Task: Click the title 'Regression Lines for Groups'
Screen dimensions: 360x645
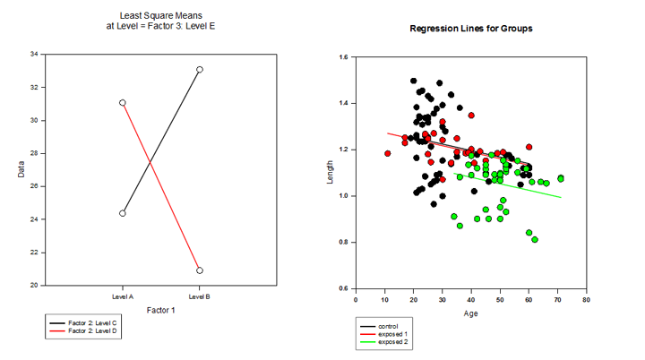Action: (470, 29)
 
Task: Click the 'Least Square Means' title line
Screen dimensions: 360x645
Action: (160, 16)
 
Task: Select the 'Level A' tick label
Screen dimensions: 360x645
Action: (123, 296)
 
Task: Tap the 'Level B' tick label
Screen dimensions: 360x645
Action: (200, 296)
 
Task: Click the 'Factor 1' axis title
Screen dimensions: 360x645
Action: (160, 309)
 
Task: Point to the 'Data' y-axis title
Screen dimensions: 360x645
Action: (21, 170)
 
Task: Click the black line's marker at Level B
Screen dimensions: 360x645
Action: (200, 69)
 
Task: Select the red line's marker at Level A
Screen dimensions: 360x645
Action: (123, 103)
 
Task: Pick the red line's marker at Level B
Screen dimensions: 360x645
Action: (200, 270)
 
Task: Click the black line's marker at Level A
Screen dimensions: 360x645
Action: (123, 213)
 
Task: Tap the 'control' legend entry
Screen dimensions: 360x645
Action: (388, 326)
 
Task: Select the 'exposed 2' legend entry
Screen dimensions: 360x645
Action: (392, 342)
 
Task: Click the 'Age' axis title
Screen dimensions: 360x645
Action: (470, 313)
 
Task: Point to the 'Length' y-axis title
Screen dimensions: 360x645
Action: (331, 173)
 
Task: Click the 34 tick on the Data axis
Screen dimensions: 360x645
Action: (33, 55)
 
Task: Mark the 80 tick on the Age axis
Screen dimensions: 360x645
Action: (586, 299)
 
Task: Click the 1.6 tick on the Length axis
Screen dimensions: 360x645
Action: (343, 57)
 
